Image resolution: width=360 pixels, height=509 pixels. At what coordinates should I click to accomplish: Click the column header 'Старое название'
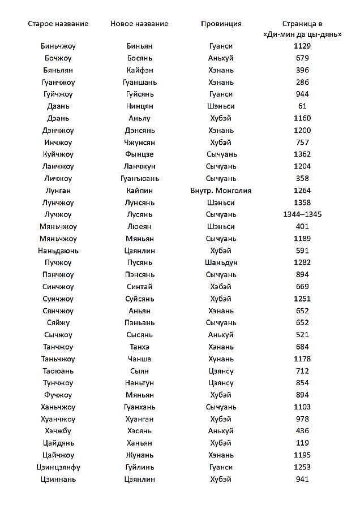58,24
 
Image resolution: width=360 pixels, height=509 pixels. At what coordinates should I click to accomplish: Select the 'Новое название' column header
139,24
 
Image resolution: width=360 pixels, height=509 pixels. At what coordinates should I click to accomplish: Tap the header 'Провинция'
221,24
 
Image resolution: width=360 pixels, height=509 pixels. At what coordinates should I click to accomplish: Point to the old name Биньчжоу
58,46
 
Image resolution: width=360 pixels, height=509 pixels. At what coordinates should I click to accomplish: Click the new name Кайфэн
139,70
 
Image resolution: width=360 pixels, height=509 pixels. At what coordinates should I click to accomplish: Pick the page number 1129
302,46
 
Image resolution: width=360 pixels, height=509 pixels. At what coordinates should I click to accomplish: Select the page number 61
302,106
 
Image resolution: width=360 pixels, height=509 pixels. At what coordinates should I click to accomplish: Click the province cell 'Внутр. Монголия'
221,191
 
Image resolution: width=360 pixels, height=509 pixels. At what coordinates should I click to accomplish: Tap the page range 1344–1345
302,214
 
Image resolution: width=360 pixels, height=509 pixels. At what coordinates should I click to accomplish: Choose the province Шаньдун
221,262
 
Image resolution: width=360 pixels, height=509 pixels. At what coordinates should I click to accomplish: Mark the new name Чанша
139,359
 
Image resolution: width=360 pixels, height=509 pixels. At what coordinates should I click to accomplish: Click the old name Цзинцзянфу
58,468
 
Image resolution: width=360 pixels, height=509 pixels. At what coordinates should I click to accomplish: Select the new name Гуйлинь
139,468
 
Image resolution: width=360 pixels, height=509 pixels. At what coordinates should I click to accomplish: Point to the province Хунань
221,359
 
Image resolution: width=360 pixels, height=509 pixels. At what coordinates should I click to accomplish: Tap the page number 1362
302,154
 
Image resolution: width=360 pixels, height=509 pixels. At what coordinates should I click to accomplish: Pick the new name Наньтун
139,383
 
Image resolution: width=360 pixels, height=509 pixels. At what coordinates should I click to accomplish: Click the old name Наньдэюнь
58,251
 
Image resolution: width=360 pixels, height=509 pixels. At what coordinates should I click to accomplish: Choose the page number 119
302,443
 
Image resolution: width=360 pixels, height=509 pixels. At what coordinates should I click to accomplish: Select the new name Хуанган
139,419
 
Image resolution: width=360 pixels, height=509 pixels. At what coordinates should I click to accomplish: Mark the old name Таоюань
58,371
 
